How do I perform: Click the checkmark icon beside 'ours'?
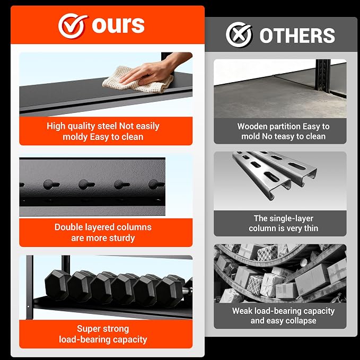pos(72,25)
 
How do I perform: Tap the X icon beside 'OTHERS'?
pos(239,34)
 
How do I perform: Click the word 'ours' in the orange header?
pos(118,25)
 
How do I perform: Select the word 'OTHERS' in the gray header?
pos(297,36)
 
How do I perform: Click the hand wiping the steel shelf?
pos(156,69)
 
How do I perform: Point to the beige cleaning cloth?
pos(138,81)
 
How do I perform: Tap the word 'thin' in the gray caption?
pos(311,228)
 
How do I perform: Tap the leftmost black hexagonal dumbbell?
pos(57,285)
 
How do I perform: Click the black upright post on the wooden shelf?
pos(323,75)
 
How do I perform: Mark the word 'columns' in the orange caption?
pos(134,227)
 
